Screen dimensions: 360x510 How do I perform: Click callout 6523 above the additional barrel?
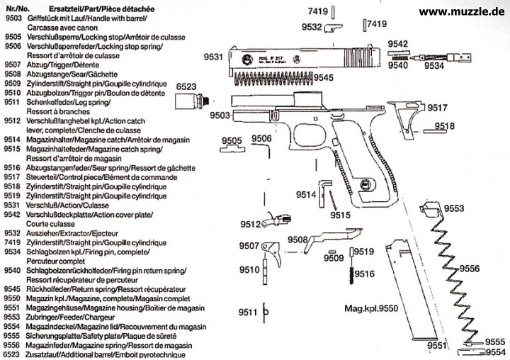click(x=186, y=85)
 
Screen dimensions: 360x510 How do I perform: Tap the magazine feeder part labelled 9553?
click(x=431, y=210)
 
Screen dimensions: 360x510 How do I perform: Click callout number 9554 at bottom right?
click(x=496, y=352)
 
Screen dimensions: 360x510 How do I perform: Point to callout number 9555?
click(x=496, y=342)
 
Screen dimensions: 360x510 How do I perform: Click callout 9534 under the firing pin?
click(x=435, y=65)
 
